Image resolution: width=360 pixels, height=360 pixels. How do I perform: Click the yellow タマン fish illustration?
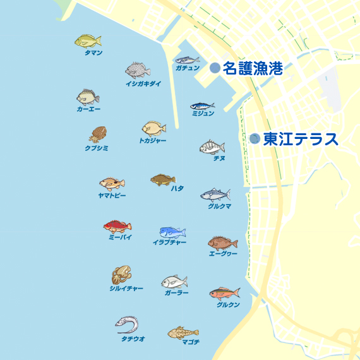(88, 41)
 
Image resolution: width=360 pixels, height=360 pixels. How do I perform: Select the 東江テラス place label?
(301, 139)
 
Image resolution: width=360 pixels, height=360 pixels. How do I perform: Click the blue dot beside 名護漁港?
(215, 68)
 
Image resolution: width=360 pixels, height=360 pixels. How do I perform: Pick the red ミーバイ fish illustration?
(117, 226)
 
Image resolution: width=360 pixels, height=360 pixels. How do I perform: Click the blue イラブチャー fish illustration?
(172, 232)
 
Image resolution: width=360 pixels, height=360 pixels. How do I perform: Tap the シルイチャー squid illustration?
(121, 275)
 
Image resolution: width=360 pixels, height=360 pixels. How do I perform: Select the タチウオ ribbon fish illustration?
(127, 325)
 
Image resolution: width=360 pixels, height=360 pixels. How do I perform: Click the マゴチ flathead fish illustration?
(183, 332)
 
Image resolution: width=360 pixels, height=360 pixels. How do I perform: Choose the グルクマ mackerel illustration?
(215, 195)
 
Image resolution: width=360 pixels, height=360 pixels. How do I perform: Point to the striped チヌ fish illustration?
(212, 147)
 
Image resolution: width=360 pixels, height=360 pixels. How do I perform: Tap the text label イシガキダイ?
(143, 84)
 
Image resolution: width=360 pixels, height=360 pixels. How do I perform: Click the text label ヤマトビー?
(112, 196)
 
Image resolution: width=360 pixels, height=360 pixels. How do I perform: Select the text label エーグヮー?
(222, 254)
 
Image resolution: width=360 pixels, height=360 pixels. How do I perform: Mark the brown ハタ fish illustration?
(163, 180)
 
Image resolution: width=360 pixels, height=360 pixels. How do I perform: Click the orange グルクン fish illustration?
(225, 293)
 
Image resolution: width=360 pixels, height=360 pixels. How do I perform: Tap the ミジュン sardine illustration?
(203, 106)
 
